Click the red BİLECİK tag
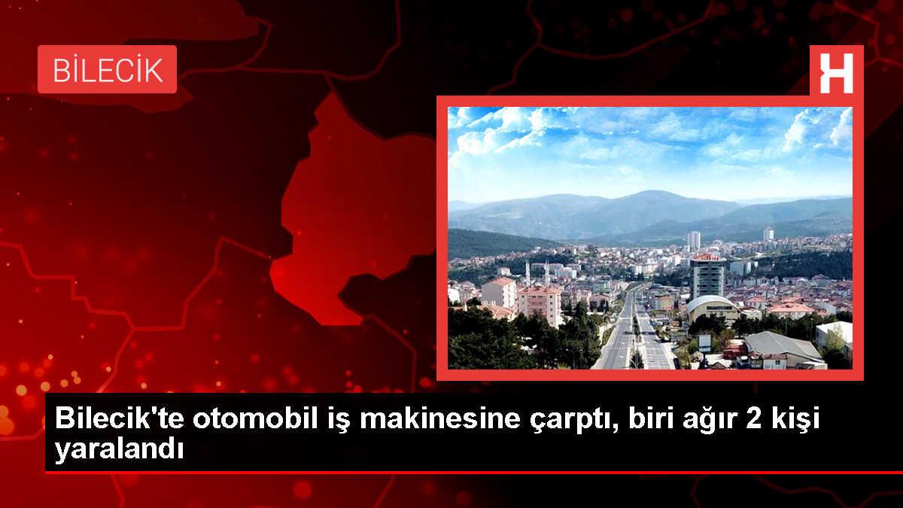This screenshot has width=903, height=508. pyautogui.click(x=107, y=69)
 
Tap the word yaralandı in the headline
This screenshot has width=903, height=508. pyautogui.click(x=118, y=450)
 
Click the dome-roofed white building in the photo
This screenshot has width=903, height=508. pyautogui.click(x=712, y=306)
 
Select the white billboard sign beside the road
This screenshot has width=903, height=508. pyautogui.click(x=704, y=342)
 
